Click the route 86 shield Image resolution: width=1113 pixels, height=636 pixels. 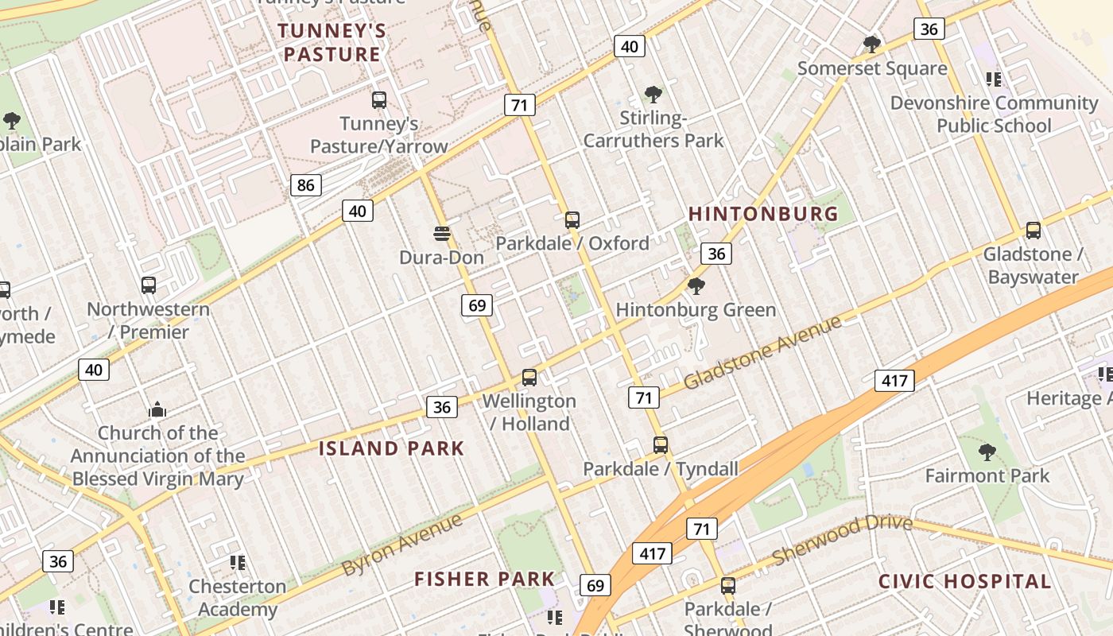click(306, 185)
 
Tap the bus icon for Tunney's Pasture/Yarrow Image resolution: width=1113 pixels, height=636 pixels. click(379, 100)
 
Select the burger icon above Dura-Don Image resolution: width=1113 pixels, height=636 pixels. click(442, 234)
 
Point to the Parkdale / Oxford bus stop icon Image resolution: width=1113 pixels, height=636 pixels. click(572, 220)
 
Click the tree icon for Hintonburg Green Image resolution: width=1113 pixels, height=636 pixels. click(696, 286)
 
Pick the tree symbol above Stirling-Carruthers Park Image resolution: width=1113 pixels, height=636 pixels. click(653, 95)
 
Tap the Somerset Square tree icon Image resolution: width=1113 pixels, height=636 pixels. click(872, 44)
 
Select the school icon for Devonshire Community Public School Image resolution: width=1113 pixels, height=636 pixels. click(993, 79)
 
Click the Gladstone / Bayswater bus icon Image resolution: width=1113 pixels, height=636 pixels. click(1033, 231)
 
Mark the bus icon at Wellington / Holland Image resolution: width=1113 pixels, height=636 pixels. click(529, 378)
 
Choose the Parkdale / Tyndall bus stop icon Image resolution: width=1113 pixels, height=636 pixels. click(661, 445)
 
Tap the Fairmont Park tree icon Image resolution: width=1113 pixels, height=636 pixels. click(987, 452)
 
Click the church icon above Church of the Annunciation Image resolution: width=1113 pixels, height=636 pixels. click(157, 409)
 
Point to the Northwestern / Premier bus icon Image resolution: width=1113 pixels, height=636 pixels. click(149, 285)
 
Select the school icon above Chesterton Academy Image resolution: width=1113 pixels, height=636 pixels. click(237, 563)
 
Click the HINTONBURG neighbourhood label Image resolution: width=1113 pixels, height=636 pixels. click(763, 214)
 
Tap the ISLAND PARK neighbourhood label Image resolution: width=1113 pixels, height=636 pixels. click(391, 448)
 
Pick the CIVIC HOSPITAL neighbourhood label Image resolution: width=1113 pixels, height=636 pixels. click(964, 581)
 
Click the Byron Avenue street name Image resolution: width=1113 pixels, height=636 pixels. click(402, 545)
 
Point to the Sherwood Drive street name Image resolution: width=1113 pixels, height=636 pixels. click(842, 539)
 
